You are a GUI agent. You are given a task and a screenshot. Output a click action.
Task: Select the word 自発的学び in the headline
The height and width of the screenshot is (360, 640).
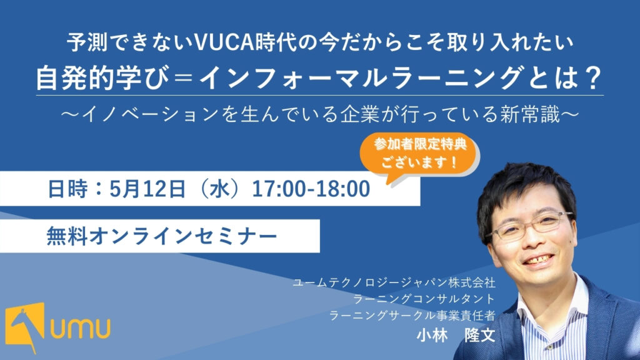[102, 78]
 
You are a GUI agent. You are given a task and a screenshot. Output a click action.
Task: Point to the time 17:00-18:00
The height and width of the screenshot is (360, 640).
[311, 189]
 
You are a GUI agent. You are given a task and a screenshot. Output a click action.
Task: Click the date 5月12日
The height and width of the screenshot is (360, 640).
[147, 189]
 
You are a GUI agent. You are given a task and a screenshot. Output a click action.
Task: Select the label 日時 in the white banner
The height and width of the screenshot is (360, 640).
[67, 189]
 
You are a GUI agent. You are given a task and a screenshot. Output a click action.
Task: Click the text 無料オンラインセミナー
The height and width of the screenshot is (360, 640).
[162, 236]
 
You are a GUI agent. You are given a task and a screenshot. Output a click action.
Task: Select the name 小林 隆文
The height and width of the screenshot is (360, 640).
[456, 336]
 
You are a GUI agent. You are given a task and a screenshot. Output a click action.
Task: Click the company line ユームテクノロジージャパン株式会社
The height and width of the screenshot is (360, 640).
[394, 282]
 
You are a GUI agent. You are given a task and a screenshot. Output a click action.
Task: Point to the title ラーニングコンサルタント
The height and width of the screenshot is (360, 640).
[424, 299]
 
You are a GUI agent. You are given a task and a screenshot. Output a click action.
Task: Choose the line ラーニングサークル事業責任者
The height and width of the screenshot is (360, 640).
[412, 315]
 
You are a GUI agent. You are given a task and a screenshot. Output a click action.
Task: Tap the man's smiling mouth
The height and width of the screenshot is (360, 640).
[539, 260]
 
